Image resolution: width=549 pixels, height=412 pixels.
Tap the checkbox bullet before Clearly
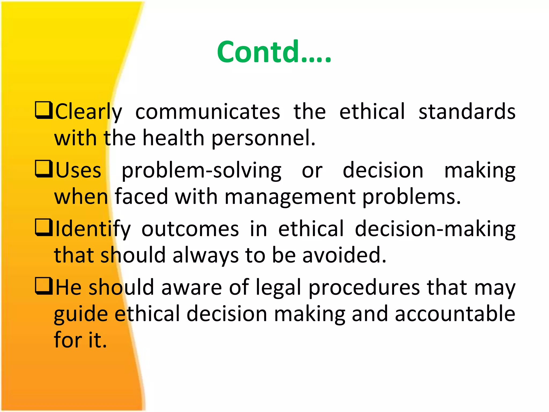[x=44, y=110]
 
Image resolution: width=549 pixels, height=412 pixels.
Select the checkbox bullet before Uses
[x=44, y=169]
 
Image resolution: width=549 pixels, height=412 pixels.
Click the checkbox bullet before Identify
[x=44, y=227]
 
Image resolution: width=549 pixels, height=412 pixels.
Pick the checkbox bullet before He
[x=44, y=286]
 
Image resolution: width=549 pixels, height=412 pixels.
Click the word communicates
[x=207, y=112]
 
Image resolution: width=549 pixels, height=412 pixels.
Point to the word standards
[x=467, y=112]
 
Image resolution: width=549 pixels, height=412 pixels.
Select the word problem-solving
[x=201, y=171]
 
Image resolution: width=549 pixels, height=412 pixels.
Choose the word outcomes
[x=190, y=229]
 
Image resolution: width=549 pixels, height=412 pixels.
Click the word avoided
[x=344, y=255]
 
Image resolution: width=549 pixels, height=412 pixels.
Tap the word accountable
[x=455, y=314]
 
